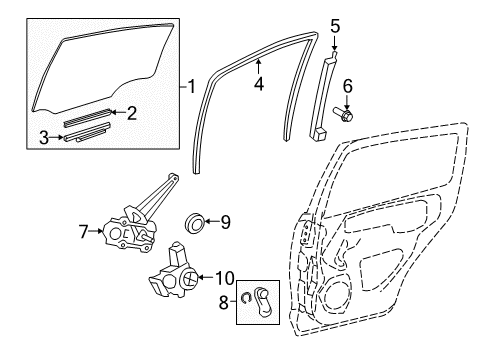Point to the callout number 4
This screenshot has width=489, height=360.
coord(258,85)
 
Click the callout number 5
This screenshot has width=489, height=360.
coord(335,26)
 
